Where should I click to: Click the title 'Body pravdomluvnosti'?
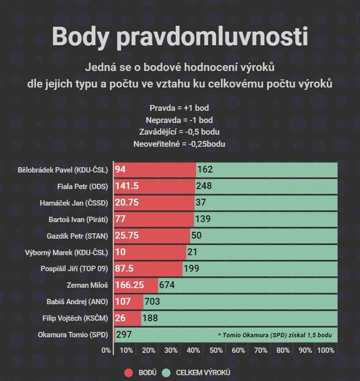180,36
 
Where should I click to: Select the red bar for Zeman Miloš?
136,285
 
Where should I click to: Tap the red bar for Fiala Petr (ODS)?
154,186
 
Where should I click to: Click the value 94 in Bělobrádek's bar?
121,169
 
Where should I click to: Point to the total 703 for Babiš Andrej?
152,301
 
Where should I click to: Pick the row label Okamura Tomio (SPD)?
69,334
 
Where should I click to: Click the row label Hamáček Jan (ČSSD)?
73,203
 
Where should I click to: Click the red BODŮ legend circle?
129,372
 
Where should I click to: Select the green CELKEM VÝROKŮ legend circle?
166,372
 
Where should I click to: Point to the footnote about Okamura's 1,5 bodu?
275,335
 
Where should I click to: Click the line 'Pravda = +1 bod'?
180,108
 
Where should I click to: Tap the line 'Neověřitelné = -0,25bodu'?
180,144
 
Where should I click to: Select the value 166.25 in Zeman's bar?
129,285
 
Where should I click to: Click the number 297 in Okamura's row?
124,334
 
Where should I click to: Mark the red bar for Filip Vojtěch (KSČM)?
127,318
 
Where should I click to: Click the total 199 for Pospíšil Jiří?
192,268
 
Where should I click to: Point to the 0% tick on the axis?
106,350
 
